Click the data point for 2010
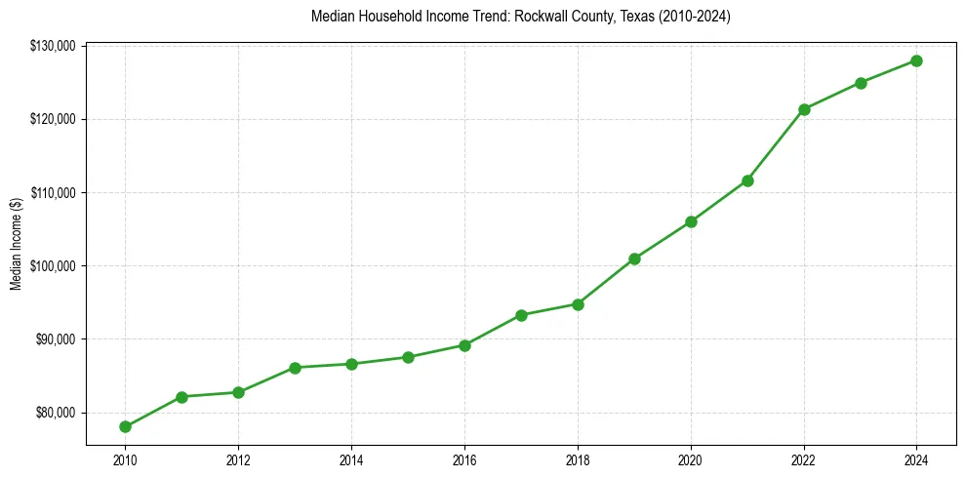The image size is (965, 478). (x=125, y=426)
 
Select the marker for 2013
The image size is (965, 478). (x=295, y=368)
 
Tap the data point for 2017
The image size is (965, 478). (x=521, y=315)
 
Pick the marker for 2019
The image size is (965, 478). (x=634, y=259)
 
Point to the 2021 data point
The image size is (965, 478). (x=747, y=180)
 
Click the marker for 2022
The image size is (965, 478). (x=804, y=109)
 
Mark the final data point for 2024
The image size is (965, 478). (x=917, y=60)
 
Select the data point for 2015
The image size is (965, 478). (x=408, y=357)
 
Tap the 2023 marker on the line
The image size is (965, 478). (x=861, y=83)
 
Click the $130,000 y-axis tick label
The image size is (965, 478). (x=57, y=46)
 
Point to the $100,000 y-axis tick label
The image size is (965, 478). (x=57, y=266)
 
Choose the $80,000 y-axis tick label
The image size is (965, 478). (x=59, y=413)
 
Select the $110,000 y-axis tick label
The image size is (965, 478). (x=57, y=193)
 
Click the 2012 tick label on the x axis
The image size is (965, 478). (x=238, y=458)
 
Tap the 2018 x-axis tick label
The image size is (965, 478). (x=578, y=458)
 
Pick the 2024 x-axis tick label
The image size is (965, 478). (x=917, y=458)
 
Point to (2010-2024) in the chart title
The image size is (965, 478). (x=682, y=17)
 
